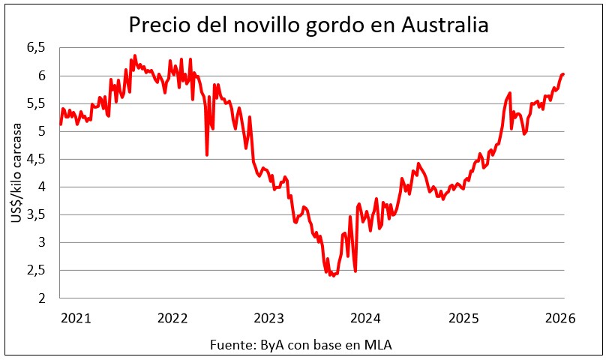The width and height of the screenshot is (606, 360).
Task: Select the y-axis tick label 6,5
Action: [36, 47]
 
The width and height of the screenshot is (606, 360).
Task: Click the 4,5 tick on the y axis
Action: [36, 159]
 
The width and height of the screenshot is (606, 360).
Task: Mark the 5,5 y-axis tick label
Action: [36, 103]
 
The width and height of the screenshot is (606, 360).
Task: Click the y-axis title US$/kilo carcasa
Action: [16, 172]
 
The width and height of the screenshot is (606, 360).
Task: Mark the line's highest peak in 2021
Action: [135, 55]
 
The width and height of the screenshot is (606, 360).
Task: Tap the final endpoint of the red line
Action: [563, 74]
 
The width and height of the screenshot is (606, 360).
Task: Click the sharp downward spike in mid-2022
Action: [207, 154]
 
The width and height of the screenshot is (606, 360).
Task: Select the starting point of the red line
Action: [61, 124]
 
